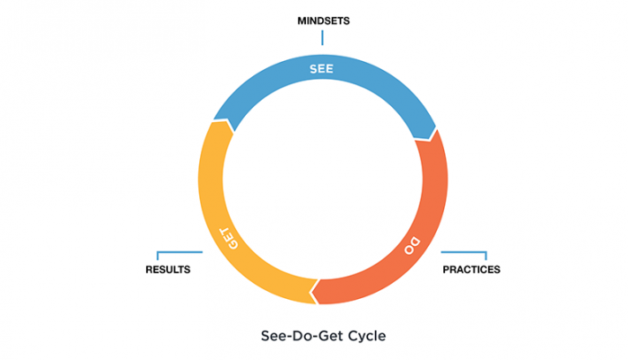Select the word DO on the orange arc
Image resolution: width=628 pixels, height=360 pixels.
(x=409, y=244)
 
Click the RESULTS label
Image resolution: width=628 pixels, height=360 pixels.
(x=168, y=269)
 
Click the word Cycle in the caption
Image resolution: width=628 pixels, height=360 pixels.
(x=367, y=338)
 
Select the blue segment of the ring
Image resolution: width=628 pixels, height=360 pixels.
(x=269, y=85)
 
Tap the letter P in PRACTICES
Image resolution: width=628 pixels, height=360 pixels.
(x=447, y=269)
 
